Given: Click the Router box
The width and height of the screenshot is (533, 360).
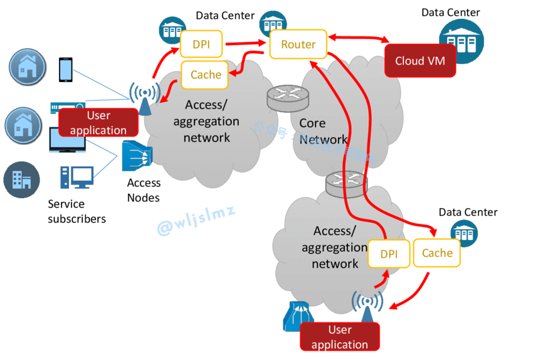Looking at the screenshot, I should (x=298, y=45).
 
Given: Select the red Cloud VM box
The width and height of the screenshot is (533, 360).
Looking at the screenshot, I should (x=420, y=61).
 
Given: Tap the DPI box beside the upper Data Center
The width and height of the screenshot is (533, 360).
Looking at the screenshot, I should (x=201, y=45).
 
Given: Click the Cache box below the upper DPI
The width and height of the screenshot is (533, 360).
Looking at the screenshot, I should (x=206, y=75).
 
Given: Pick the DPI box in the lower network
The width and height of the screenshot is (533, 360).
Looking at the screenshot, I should (x=389, y=254).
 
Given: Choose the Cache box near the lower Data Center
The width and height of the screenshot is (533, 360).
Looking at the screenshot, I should (x=437, y=253).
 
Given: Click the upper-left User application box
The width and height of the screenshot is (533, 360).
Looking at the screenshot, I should (x=98, y=122).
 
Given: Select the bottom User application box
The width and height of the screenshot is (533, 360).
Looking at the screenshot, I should (x=340, y=337).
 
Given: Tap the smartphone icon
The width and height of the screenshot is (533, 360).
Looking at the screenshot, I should (x=65, y=70).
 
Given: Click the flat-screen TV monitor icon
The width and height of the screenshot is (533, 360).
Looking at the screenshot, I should (x=67, y=142).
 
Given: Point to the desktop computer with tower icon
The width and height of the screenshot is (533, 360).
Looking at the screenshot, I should (x=77, y=177).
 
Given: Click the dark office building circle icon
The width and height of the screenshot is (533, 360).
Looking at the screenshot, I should (x=22, y=180).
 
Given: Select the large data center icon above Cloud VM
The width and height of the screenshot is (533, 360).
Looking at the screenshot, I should (x=461, y=41).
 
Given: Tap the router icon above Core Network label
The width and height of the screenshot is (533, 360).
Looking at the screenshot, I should (x=288, y=97).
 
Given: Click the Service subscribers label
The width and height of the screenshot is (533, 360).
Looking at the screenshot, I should (x=77, y=211).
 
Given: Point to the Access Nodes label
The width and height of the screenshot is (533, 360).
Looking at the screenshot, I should (x=144, y=190).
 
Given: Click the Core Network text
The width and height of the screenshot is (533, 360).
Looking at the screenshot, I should (x=322, y=130).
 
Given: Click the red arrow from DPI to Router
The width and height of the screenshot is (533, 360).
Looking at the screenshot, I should (x=246, y=44).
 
